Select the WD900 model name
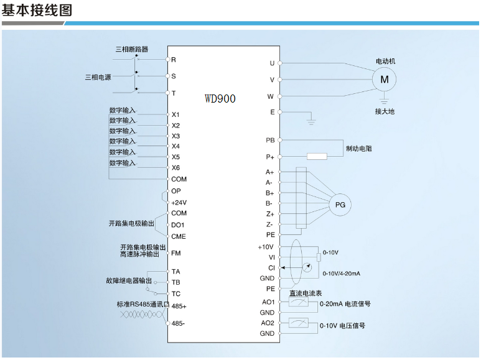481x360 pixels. point(220,98)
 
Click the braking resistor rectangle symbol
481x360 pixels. point(317,157)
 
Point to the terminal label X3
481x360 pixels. point(175,136)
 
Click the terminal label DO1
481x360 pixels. point(177,225)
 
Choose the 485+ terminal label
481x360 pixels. point(179,306)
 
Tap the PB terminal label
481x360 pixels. point(270,140)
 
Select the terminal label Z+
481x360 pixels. point(270,214)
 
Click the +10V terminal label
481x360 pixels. point(265,247)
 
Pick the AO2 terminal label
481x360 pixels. point(268,323)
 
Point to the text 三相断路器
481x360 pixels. point(131,49)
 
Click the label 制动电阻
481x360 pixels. point(359,149)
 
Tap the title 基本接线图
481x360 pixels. point(37,10)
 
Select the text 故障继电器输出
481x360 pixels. point(129,280)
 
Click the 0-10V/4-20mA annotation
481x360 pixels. point(342,273)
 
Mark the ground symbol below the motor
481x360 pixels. point(384,101)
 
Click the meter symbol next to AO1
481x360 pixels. point(299,302)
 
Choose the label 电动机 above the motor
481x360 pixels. point(386,61)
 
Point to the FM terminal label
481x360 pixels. point(175,253)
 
